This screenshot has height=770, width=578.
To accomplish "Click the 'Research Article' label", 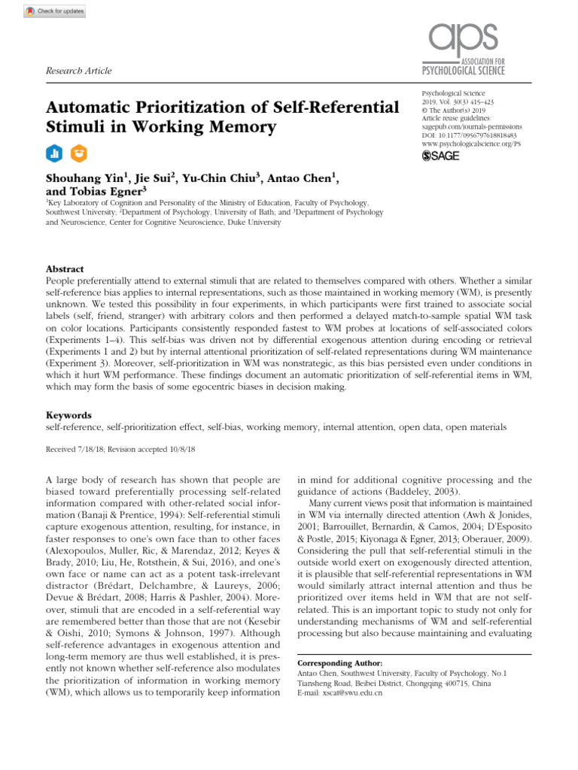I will pyautogui.click(x=79, y=71).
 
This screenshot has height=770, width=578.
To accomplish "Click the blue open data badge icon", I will pyautogui.click(x=54, y=153).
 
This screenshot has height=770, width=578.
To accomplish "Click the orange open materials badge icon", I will pyautogui.click(x=78, y=153).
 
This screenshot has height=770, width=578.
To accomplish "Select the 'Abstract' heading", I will pyautogui.click(x=65, y=269).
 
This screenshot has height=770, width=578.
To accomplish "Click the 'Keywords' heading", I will pyautogui.click(x=68, y=415).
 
